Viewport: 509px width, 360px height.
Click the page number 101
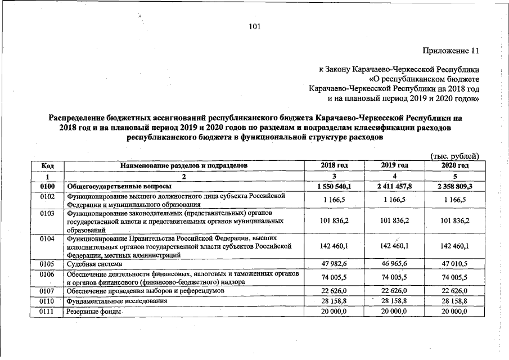pos(254,26)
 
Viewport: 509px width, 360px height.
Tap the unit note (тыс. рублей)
pos(454,156)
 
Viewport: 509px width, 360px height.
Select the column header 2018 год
pos(334,165)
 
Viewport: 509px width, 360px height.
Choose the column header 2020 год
pos(454,165)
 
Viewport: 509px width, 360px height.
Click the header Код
pos(47,165)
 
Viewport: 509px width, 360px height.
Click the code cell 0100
pos(47,186)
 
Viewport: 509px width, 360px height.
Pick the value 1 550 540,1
pos(334,186)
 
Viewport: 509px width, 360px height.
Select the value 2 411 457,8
pos(394,186)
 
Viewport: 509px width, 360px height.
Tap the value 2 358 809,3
pos(454,186)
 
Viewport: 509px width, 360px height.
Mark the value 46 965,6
pos(394,263)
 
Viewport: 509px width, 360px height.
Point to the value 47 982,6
pos(334,263)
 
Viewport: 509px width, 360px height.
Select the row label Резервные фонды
pos(92,311)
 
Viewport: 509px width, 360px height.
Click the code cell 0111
pos(47,311)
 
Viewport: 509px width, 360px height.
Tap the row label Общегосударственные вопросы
pos(119,186)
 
